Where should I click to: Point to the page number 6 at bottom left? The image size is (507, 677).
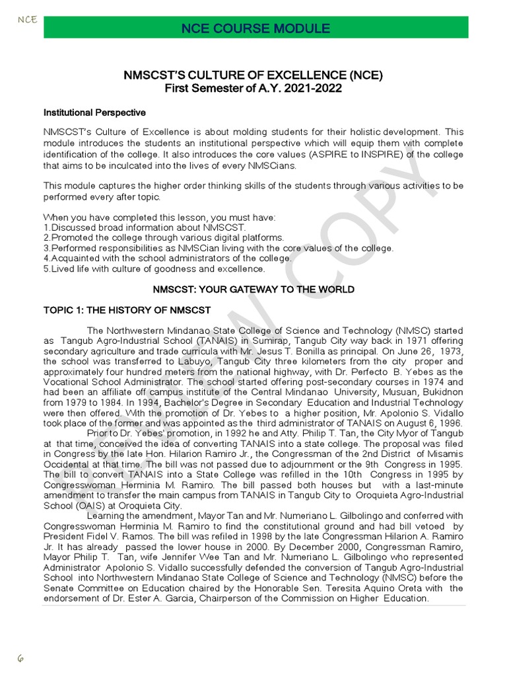click(x=20, y=658)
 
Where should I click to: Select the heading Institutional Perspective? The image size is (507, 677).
click(x=94, y=113)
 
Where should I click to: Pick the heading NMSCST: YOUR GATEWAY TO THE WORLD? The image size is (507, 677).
click(x=253, y=290)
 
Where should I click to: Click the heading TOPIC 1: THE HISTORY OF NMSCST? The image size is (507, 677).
click(x=127, y=310)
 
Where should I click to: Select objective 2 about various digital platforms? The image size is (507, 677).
click(x=164, y=237)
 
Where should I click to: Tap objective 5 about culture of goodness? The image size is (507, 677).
click(x=154, y=269)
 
